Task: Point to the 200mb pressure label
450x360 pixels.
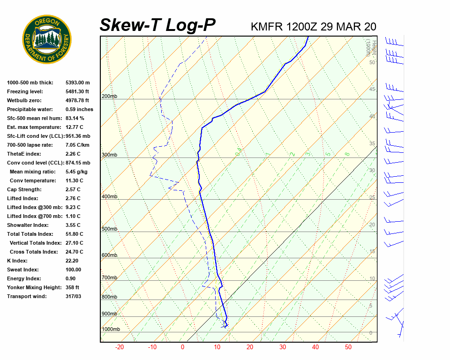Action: [109, 96]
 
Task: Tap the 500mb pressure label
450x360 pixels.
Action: [109, 229]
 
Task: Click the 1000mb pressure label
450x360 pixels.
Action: [111, 329]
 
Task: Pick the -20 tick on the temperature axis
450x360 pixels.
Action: [120, 347]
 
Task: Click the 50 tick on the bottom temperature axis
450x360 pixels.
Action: [348, 347]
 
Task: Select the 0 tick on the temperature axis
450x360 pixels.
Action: [182, 347]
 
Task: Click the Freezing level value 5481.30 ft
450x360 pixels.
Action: [77, 91]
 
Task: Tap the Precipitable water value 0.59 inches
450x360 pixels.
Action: [79, 109]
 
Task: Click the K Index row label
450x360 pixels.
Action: [17, 261]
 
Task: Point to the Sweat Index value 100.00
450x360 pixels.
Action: [73, 270]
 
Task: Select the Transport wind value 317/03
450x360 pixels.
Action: [74, 296]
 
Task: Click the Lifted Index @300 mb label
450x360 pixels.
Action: [30, 207]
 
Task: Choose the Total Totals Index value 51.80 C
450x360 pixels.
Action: [74, 234]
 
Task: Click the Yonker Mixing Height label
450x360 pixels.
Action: [32, 287]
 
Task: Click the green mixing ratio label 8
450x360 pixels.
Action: [347, 154]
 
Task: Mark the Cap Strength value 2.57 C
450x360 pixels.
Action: [73, 189]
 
